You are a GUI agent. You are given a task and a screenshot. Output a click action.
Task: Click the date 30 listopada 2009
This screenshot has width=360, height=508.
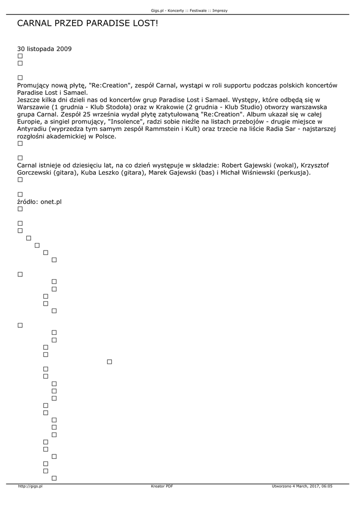[x=44, y=49]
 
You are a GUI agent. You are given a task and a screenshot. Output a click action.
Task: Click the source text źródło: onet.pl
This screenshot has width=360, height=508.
[x=39, y=202]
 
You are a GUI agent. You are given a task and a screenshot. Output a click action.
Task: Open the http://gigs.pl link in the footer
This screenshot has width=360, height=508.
[x=30, y=486]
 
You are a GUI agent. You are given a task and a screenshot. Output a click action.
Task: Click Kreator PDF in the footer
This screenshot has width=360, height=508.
[x=162, y=486]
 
